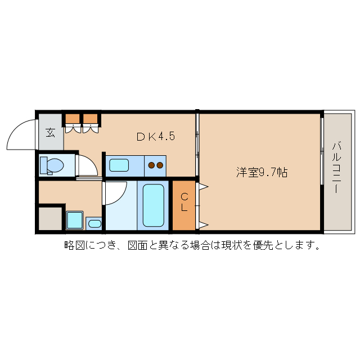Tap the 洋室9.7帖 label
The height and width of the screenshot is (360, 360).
[x=262, y=173]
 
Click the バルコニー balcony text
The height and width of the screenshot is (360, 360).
[x=336, y=167]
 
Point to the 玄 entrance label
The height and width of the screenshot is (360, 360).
[x=50, y=133]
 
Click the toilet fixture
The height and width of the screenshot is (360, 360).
[x=52, y=165]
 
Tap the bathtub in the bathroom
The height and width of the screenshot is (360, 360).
[x=153, y=205]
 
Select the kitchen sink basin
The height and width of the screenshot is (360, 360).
[x=119, y=165]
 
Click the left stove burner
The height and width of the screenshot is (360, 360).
[x=151, y=165]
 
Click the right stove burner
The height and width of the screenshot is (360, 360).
[x=160, y=165]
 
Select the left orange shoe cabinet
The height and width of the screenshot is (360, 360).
[x=73, y=119]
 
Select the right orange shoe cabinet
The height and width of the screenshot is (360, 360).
[x=90, y=119]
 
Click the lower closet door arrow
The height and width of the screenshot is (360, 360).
[x=202, y=226]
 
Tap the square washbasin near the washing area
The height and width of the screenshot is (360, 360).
[x=74, y=220]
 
